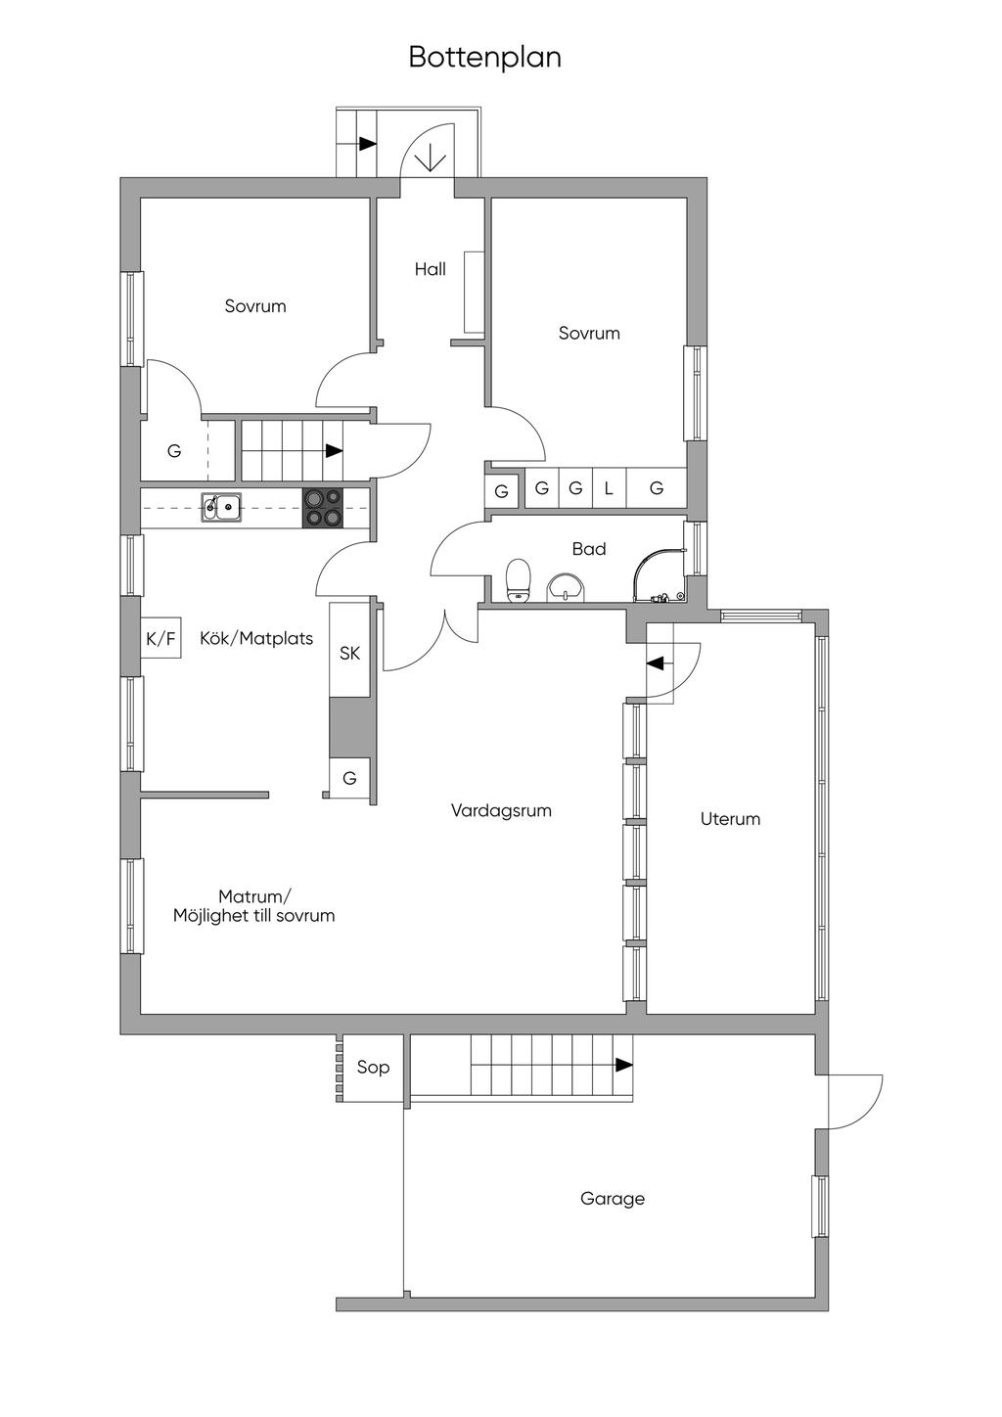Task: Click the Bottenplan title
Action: coord(485,58)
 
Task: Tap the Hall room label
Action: coord(431,269)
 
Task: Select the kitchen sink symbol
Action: coord(221,507)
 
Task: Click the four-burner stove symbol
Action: coord(323,508)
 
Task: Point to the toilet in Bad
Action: coord(518,578)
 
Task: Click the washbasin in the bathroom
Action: coord(567,587)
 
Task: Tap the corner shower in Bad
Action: coord(660,575)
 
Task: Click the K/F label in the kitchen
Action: coord(160,639)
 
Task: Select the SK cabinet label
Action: coord(349,653)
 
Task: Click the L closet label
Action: coord(609,488)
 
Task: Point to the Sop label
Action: coord(373,1068)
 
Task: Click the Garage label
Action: coord(613,1199)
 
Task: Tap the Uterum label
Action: coord(730,819)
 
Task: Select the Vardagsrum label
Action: coord(501,810)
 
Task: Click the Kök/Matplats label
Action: coord(256,638)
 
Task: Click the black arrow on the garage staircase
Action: coord(623,1065)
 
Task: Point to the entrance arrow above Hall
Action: coord(431,159)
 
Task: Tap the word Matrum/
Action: coord(255,897)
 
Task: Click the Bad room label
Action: coord(589,549)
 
